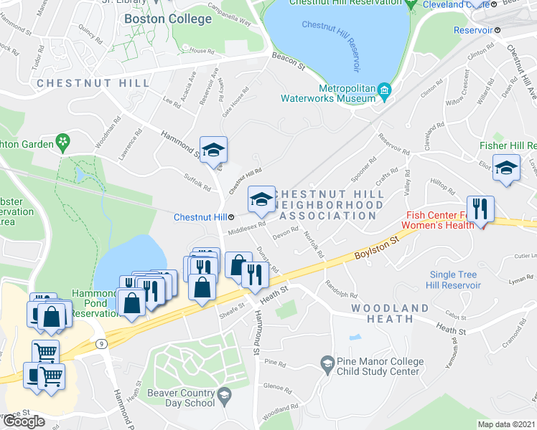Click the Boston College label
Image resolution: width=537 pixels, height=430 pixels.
click(x=168, y=19)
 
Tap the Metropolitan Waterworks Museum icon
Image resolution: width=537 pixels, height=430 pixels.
click(x=385, y=90)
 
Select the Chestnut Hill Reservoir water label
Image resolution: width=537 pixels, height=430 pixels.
click(x=330, y=41)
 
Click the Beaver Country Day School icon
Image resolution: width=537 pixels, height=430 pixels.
click(x=224, y=396)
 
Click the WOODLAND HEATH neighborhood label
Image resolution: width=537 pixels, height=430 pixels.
click(x=390, y=315)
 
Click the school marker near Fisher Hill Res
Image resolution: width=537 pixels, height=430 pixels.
click(x=507, y=168)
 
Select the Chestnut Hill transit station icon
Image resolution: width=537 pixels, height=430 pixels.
click(x=232, y=216)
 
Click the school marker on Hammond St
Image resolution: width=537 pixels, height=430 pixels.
click(x=213, y=149)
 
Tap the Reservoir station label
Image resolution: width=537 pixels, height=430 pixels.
click(x=473, y=30)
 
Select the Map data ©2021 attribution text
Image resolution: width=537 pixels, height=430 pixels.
click(x=507, y=424)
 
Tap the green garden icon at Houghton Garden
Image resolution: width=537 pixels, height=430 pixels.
click(x=64, y=143)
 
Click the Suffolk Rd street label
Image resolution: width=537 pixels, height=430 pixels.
click(x=197, y=183)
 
